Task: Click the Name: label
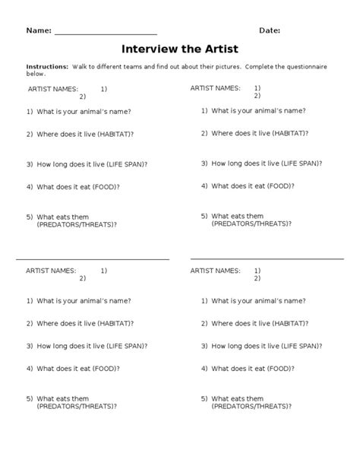(x=39, y=30)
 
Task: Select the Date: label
(x=270, y=30)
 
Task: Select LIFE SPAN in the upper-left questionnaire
(x=124, y=163)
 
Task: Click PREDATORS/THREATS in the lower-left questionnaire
(x=74, y=406)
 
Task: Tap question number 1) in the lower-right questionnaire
(x=204, y=300)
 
